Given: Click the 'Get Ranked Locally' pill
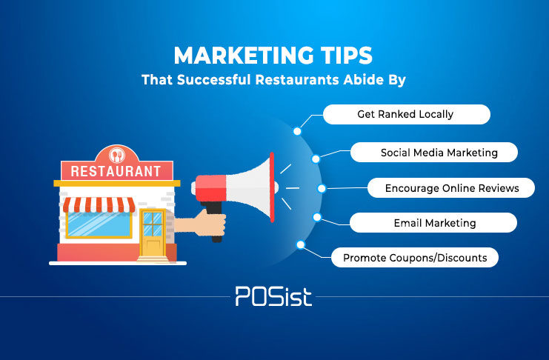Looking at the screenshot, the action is coord(407,114).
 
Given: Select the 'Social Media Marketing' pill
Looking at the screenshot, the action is coord(434,153).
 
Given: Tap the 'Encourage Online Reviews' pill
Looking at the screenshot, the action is coord(451,188).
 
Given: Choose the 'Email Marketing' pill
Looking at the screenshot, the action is coord(433,223).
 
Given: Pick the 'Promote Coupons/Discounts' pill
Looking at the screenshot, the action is coord(415,258).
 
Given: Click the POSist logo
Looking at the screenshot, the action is coord(273,296).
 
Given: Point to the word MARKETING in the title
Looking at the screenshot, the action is coord(239,56).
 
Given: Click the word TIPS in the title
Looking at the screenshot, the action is coord(342,56).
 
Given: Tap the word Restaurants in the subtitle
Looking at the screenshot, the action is coord(297,80).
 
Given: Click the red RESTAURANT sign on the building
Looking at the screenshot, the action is coord(117,171).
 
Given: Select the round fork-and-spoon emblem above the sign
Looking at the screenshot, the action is coord(117,155).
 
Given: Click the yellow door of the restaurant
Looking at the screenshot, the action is coord(153,233).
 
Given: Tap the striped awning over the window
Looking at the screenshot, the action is coord(99,205).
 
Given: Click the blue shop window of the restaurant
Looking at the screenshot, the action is coord(99,224).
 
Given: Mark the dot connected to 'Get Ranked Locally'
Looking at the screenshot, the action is coord(297,131).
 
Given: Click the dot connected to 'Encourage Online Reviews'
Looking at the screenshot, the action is coord(322,188).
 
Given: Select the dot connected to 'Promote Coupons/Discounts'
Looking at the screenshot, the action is coord(300,244).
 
